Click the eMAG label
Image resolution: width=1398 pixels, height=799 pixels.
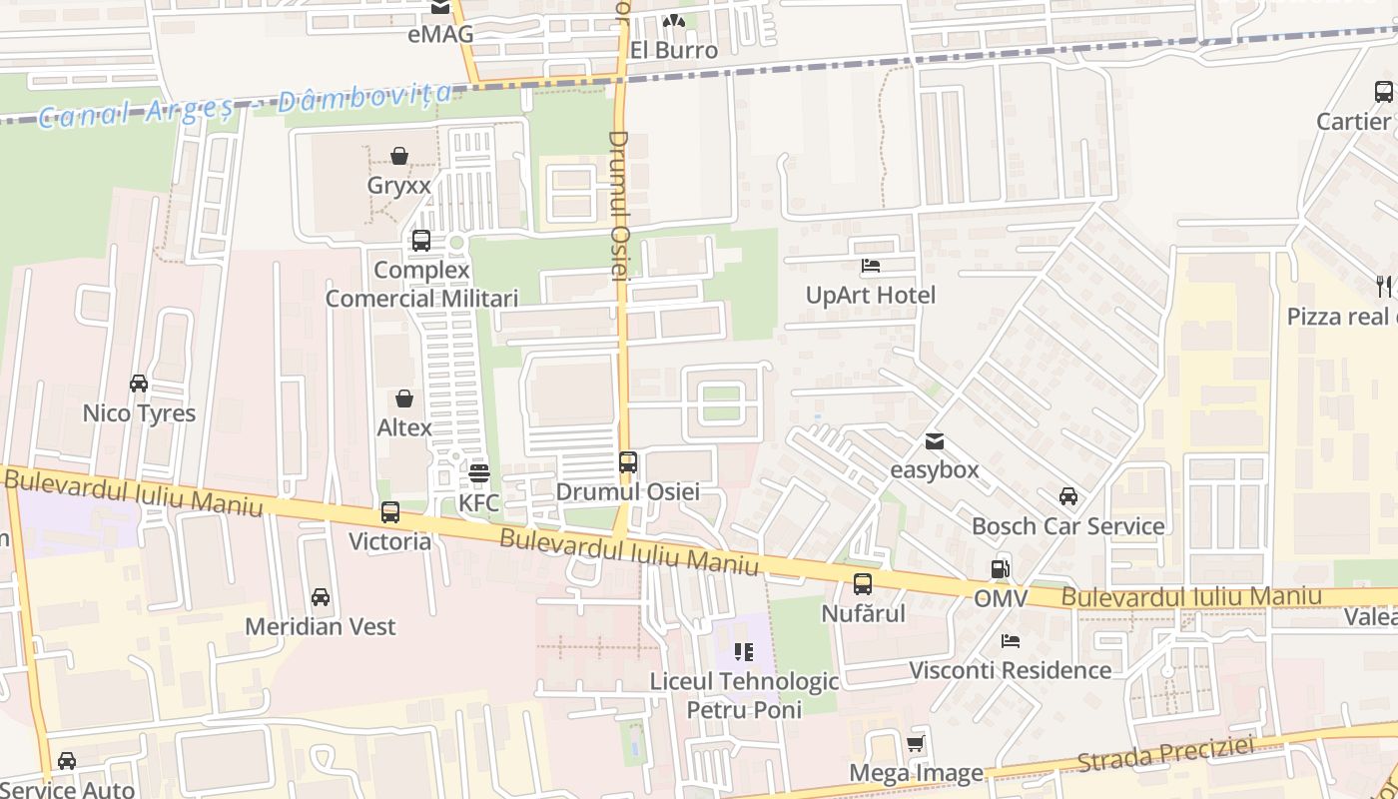440,35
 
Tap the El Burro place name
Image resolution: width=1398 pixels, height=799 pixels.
673,50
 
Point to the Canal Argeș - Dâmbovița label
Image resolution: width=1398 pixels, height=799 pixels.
245,105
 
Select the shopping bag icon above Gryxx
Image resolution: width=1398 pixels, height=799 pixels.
399,156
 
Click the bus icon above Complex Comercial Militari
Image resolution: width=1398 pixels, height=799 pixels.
421,241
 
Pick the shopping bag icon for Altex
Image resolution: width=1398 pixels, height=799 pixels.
404,399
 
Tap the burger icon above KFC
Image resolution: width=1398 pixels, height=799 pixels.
479,472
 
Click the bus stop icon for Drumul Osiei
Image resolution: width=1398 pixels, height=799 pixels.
628,462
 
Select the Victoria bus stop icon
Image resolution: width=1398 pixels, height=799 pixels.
390,512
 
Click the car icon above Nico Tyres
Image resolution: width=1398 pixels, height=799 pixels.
139,384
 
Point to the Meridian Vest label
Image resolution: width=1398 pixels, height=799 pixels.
321,626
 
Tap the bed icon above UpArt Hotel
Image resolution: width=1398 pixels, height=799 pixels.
871,266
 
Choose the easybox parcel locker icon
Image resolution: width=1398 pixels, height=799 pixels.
935,440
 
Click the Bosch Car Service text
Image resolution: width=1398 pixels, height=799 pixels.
1067,525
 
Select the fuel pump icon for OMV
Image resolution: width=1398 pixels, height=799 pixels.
1000,569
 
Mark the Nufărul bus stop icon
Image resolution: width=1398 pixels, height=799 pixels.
863,584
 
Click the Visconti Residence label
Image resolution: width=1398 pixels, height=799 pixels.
1010,669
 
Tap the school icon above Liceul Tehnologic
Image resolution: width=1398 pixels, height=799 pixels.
744,652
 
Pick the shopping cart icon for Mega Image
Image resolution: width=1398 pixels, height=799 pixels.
916,743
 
